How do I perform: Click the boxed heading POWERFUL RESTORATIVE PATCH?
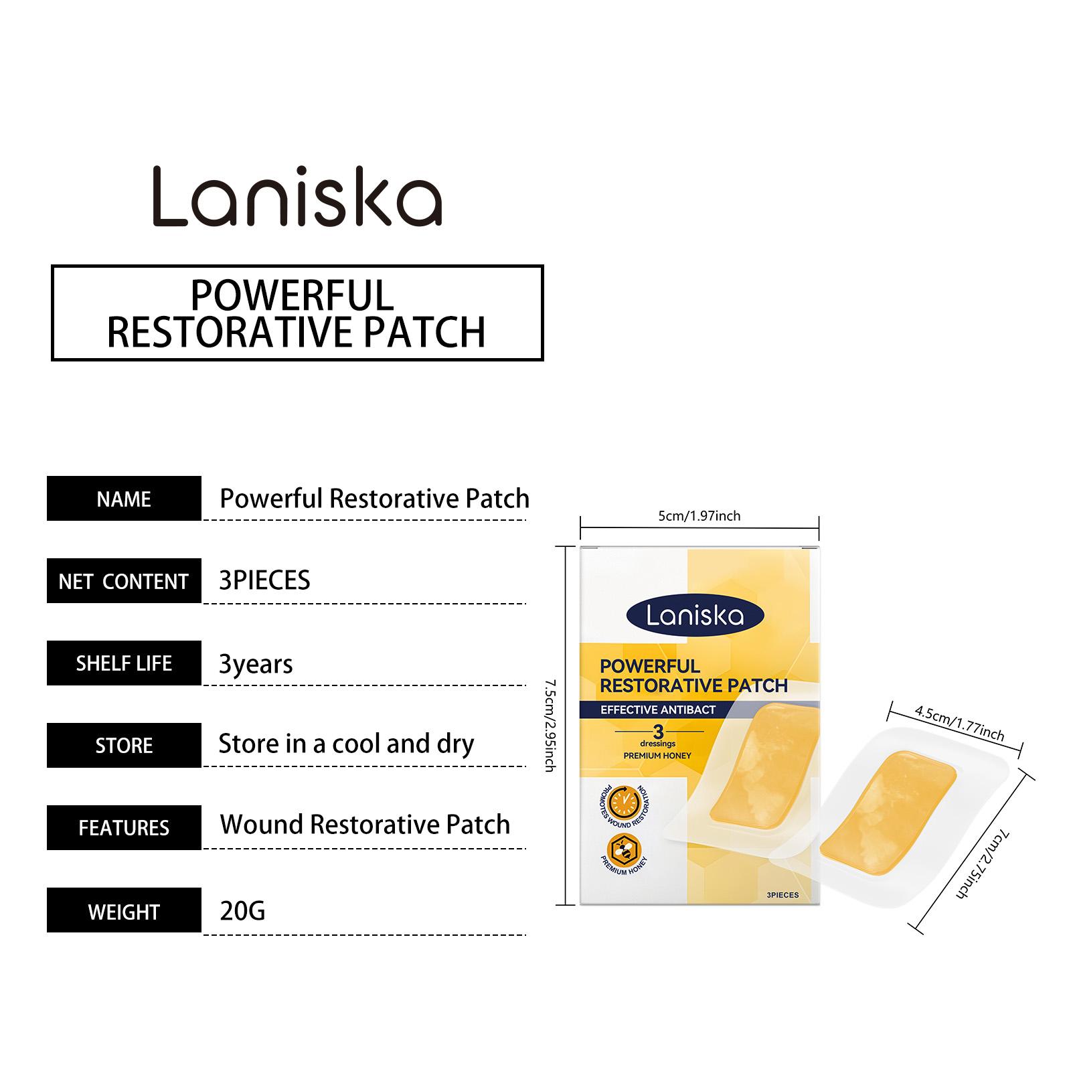pyautogui.click(x=297, y=313)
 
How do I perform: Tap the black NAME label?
pyautogui.click(x=124, y=499)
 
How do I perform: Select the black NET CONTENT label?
pyautogui.click(x=124, y=581)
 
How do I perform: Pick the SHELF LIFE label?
pyautogui.click(x=124, y=663)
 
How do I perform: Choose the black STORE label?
pyautogui.click(x=124, y=746)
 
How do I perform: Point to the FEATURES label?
pyautogui.click(x=124, y=828)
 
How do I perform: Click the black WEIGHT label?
pyautogui.click(x=124, y=911)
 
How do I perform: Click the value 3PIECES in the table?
pyautogui.click(x=264, y=580)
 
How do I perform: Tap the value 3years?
pyautogui.click(x=256, y=664)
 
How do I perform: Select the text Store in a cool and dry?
pyautogui.click(x=346, y=744)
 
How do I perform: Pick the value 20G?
pyautogui.click(x=242, y=911)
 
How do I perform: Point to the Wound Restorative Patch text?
pyautogui.click(x=365, y=825)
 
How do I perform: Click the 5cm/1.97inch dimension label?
pyautogui.click(x=699, y=516)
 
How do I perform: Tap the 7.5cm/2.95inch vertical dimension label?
pyautogui.click(x=550, y=726)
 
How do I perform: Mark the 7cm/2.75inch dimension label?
pyautogui.click(x=983, y=863)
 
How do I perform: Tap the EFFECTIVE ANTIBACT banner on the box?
pyautogui.click(x=658, y=710)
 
